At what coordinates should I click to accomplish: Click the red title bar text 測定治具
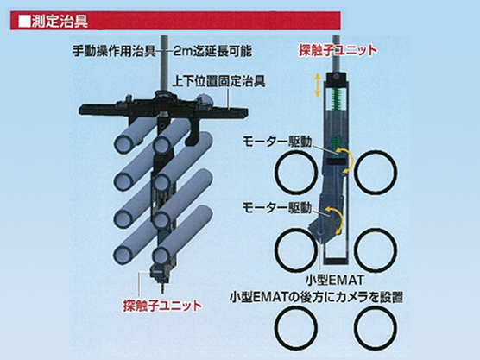[x=60, y=22]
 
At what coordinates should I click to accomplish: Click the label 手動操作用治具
[x=114, y=51]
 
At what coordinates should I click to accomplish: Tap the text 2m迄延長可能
[x=212, y=51]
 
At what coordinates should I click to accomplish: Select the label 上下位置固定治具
[x=218, y=81]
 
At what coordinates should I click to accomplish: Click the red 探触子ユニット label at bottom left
[x=162, y=306]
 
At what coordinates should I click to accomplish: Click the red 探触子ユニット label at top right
[x=338, y=51]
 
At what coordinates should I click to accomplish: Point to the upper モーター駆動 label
[x=277, y=142]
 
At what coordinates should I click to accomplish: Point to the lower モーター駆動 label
[x=277, y=208]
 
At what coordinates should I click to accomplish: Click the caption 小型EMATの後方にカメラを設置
[x=316, y=297]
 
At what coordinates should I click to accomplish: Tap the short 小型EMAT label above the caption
[x=335, y=280]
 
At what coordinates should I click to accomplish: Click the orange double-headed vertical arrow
[x=318, y=85]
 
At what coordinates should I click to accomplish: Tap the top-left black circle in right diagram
[x=296, y=172]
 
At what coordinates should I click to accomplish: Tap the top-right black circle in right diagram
[x=376, y=172]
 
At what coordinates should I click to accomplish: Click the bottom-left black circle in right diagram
[x=295, y=328]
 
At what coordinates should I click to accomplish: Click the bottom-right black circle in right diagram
[x=376, y=328]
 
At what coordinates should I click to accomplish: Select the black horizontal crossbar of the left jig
[x=163, y=109]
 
